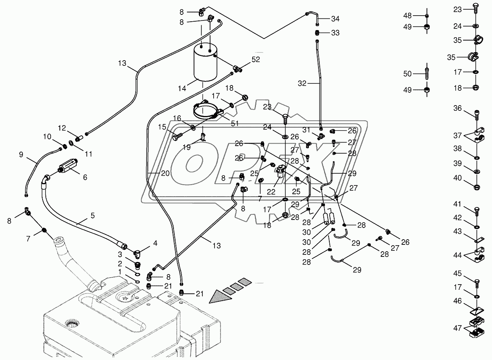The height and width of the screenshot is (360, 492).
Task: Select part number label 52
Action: pyautogui.click(x=256, y=59)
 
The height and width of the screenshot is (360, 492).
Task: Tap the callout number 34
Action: pyautogui.click(x=335, y=19)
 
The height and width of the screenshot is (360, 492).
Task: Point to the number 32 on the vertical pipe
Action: pyautogui.click(x=302, y=83)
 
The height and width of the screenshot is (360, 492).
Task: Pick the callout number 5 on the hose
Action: pyautogui.click(x=92, y=216)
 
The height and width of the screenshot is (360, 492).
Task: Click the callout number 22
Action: pyautogui.click(x=271, y=192)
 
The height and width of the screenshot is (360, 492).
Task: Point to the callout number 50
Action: pyautogui.click(x=408, y=73)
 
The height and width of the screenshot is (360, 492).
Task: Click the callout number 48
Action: pyautogui.click(x=408, y=16)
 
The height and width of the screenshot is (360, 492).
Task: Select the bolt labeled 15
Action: pyautogui.click(x=177, y=137)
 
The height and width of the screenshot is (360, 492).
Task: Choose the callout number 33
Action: pyautogui.click(x=335, y=33)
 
